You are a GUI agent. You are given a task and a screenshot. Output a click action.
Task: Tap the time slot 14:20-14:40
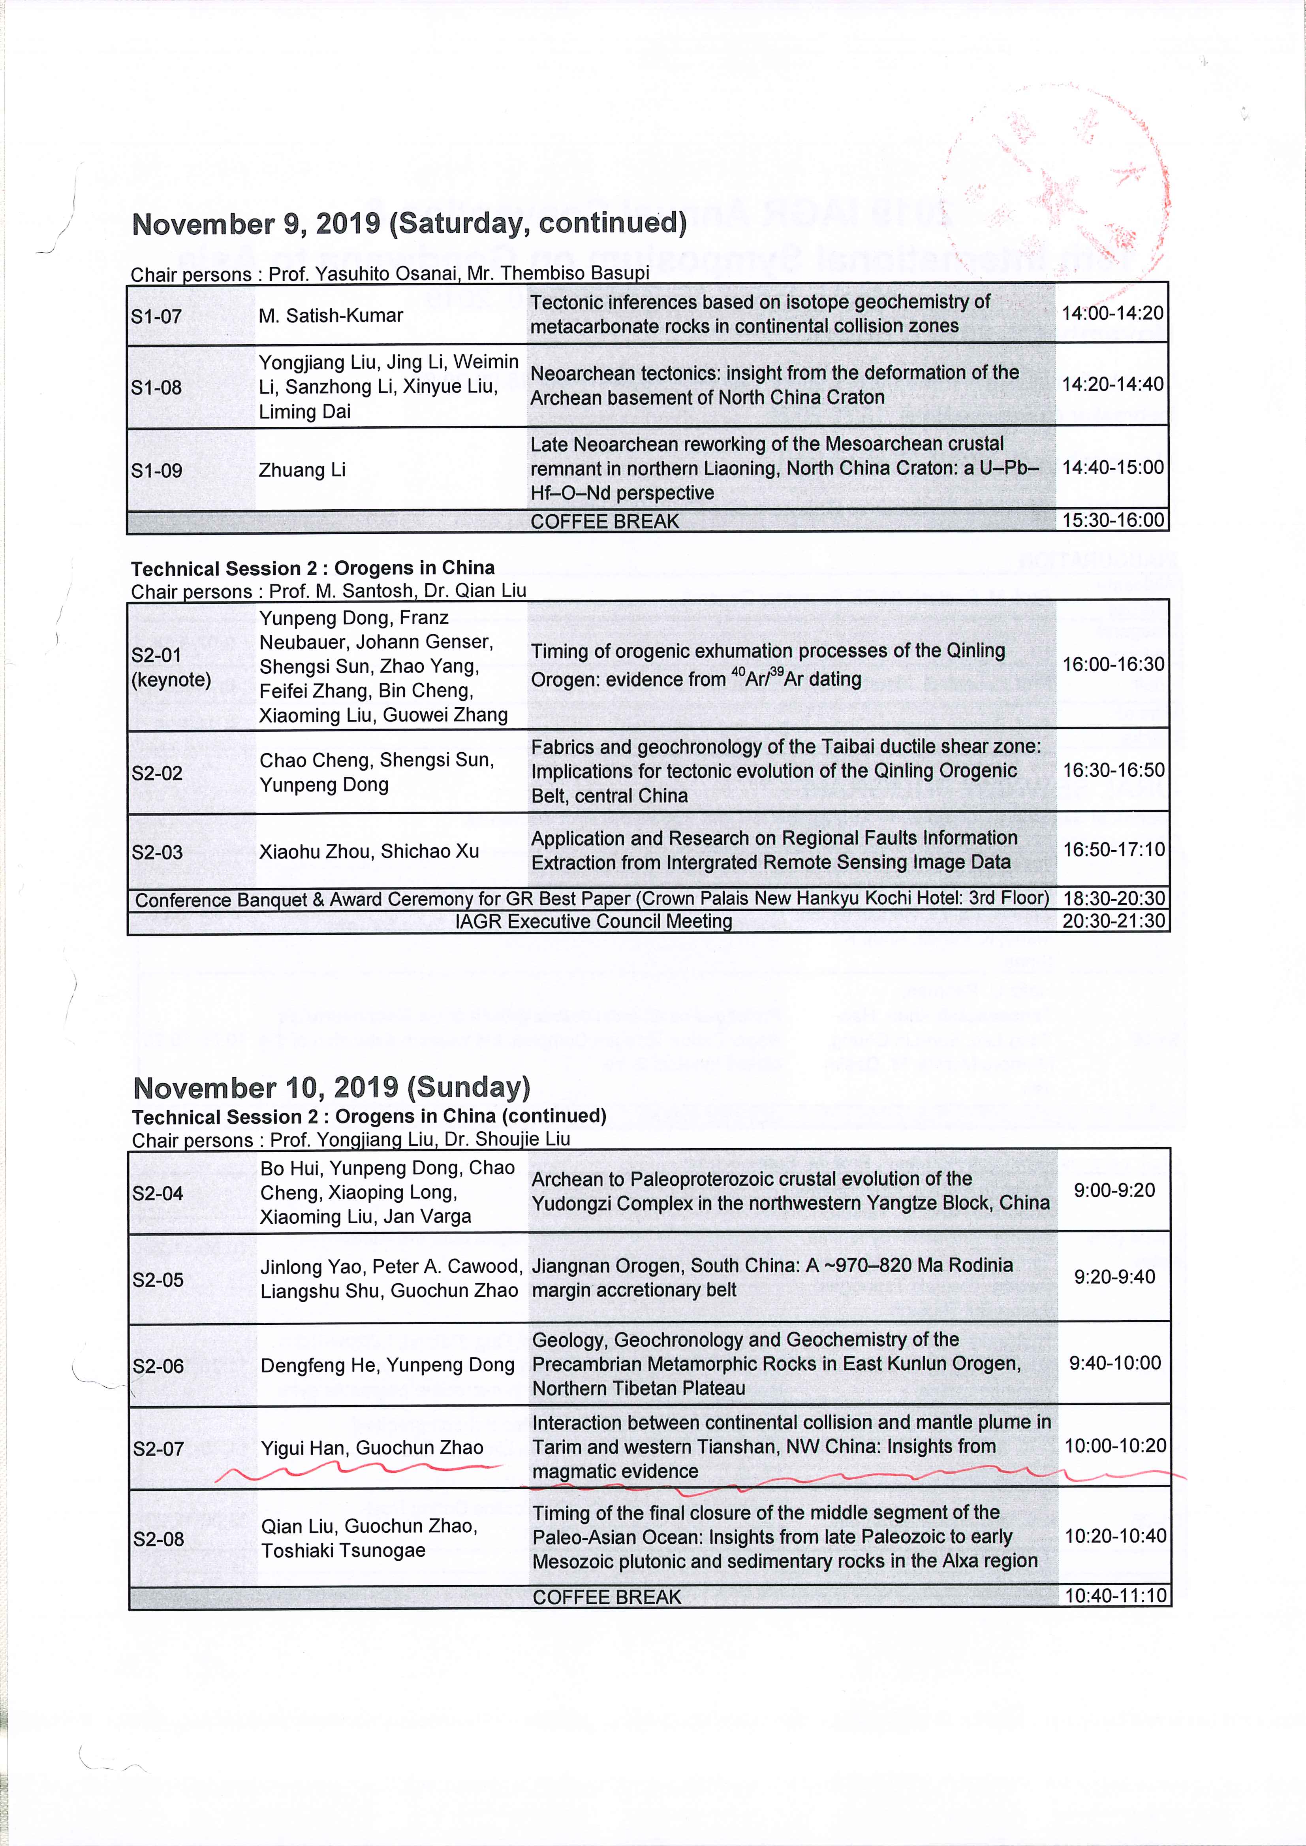(1112, 384)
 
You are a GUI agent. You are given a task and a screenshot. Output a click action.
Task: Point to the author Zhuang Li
(303, 470)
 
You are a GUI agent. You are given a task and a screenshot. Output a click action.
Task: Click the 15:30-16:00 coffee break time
(1112, 520)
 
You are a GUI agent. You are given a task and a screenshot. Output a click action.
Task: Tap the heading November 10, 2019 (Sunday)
(331, 1087)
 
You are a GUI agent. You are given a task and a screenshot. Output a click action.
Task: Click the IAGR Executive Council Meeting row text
(594, 921)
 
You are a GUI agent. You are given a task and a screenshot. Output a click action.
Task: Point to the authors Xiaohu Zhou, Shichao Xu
(369, 851)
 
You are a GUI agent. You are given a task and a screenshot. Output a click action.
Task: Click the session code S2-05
(158, 1280)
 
